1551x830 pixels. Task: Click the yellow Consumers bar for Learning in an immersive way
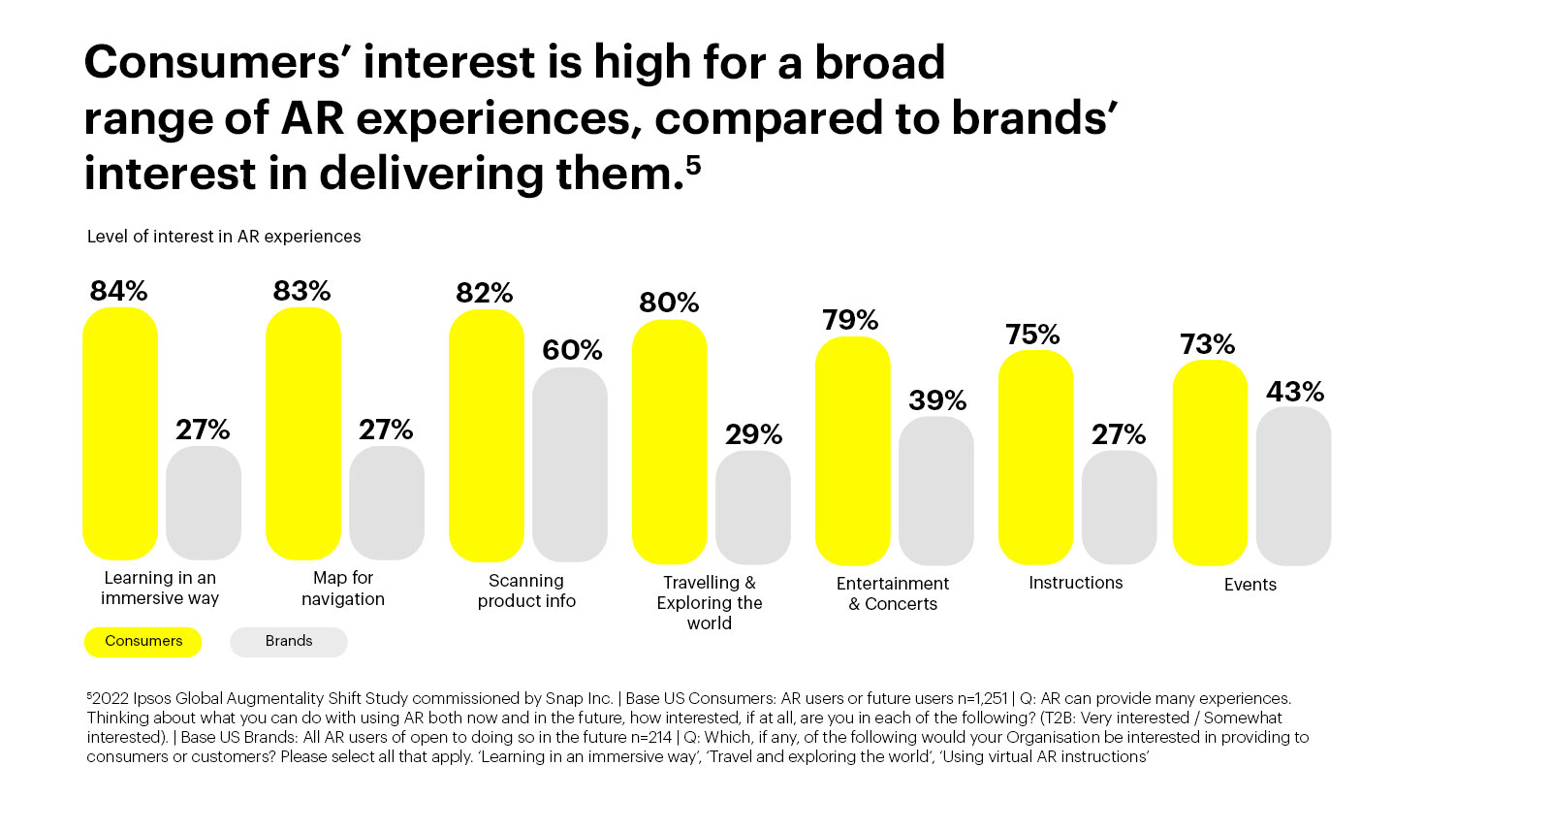(120, 433)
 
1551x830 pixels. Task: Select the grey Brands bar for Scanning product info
(570, 463)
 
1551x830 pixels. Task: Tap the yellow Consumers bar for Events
(1210, 463)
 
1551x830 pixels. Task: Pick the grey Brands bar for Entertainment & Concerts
(935, 490)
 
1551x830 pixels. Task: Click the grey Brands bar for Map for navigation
(387, 502)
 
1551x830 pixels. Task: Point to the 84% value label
(118, 291)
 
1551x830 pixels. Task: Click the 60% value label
(572, 350)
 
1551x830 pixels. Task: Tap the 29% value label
(753, 434)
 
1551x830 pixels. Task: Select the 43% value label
(1294, 392)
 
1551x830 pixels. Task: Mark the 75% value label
(1032, 335)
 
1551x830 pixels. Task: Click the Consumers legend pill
(143, 641)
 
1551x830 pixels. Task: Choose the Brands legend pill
(289, 641)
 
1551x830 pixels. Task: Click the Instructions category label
(1075, 583)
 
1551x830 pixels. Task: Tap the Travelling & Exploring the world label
(710, 602)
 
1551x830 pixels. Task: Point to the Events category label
(1250, 585)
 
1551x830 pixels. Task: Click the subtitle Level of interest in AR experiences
(224, 237)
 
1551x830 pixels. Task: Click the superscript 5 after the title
(693, 165)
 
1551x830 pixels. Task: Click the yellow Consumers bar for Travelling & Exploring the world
(670, 441)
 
